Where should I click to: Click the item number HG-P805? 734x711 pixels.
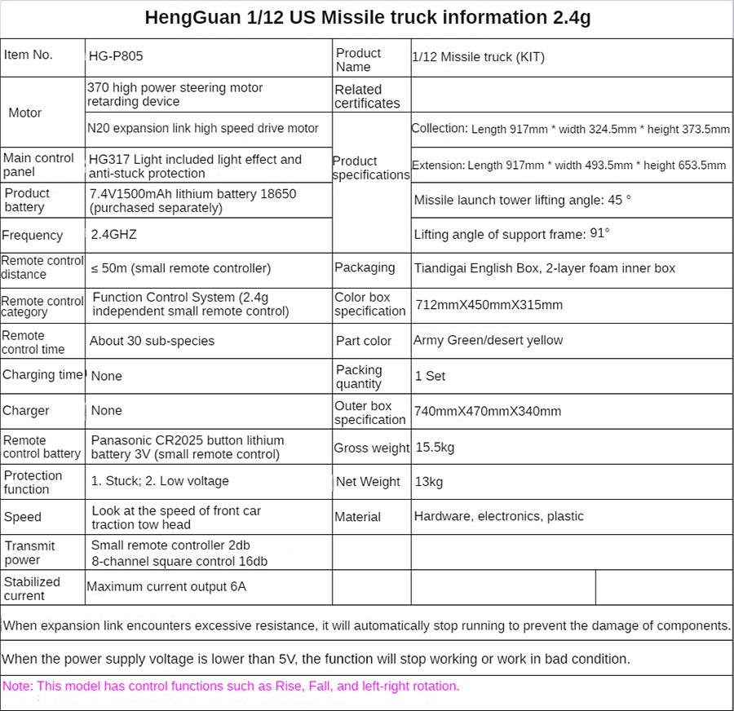click(116, 57)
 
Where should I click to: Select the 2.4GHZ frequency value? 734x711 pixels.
click(114, 235)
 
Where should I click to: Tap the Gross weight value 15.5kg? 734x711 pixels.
click(436, 448)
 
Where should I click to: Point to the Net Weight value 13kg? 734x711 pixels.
click(429, 482)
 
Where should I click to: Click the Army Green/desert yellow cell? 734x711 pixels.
click(488, 340)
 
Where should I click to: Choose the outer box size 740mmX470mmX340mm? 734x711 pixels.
click(488, 411)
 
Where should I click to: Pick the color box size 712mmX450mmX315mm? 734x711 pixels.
click(489, 305)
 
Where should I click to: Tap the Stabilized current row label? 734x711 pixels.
click(33, 588)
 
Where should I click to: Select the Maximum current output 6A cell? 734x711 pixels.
click(166, 586)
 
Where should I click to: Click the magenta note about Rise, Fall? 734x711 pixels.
click(231, 687)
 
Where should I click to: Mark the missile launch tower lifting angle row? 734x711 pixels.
click(522, 200)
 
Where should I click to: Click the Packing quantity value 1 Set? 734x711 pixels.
click(431, 376)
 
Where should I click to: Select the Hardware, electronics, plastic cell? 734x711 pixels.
click(499, 516)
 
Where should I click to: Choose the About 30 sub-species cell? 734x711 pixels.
click(152, 341)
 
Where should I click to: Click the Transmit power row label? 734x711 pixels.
click(30, 553)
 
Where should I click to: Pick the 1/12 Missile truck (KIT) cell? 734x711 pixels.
click(479, 57)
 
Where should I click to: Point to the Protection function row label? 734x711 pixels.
click(33, 482)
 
